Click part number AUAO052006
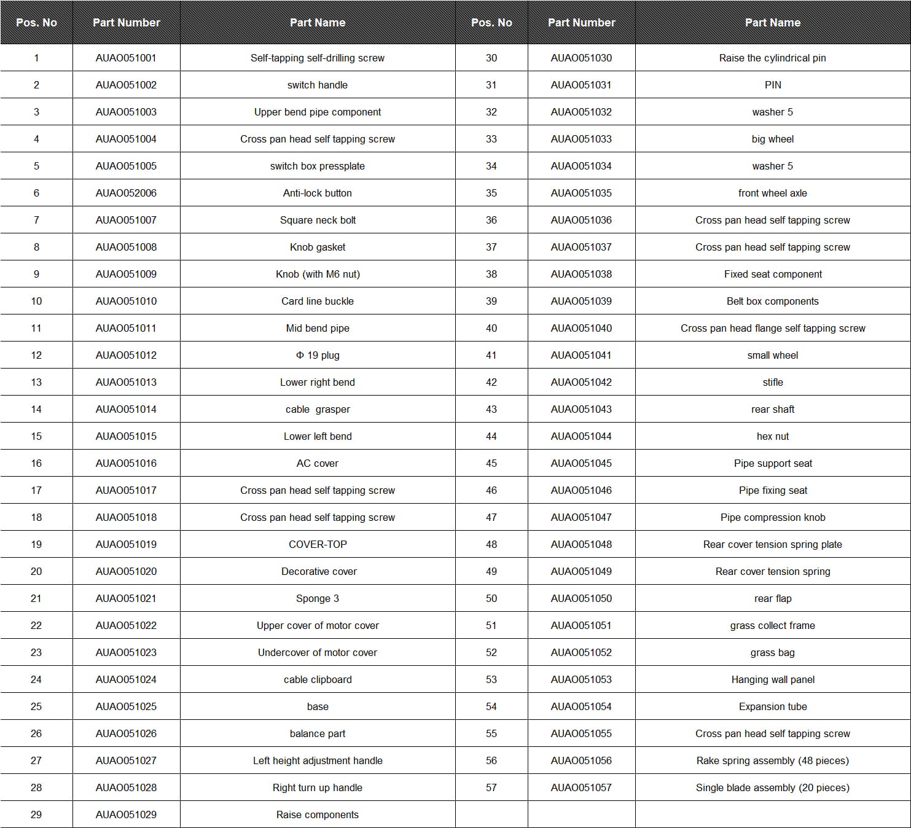pyautogui.click(x=126, y=193)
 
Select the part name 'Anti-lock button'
pyautogui.click(x=317, y=193)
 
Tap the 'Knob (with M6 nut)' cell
pyautogui.click(x=317, y=274)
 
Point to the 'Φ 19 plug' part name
pyautogui.click(x=317, y=355)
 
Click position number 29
pyautogui.click(x=36, y=814)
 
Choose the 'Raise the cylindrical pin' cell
pyautogui.click(x=772, y=58)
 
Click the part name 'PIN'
pyautogui.click(x=772, y=85)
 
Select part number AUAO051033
pyautogui.click(x=581, y=139)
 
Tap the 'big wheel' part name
pyautogui.click(x=772, y=139)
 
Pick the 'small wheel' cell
pyautogui.click(x=772, y=355)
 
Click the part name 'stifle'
pyautogui.click(x=772, y=382)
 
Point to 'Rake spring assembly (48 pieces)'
pyautogui.click(x=772, y=760)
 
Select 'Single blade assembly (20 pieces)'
pyautogui.click(x=772, y=787)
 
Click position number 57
pyautogui.click(x=491, y=787)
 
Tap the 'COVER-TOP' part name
pyautogui.click(x=317, y=544)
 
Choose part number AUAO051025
pyautogui.click(x=126, y=706)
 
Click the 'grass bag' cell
pyautogui.click(x=772, y=652)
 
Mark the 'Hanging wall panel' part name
pyautogui.click(x=772, y=679)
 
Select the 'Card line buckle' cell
pyautogui.click(x=317, y=301)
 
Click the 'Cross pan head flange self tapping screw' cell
pyautogui.click(x=772, y=328)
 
